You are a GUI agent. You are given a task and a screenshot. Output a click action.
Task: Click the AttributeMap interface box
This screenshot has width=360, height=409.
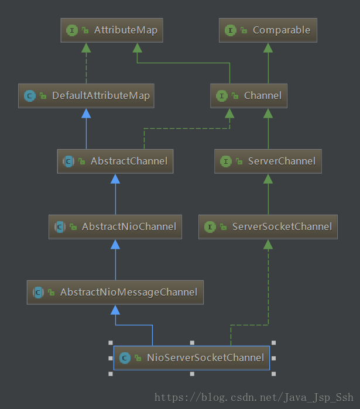(111, 30)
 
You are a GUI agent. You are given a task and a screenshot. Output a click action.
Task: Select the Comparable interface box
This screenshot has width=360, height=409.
(268, 30)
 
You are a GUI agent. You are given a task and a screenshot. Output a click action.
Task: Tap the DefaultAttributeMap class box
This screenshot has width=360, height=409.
(86, 95)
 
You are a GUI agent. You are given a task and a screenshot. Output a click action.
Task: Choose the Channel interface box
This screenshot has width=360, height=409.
(249, 95)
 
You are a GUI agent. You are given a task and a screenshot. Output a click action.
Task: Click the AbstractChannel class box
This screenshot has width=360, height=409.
(115, 161)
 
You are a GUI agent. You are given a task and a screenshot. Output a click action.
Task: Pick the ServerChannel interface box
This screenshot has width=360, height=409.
(268, 161)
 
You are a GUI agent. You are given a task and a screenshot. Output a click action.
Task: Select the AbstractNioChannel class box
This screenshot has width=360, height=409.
(115, 226)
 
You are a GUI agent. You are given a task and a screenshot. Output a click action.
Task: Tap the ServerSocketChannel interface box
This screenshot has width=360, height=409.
(268, 226)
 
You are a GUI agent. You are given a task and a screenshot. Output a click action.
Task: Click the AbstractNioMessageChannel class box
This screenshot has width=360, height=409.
(115, 292)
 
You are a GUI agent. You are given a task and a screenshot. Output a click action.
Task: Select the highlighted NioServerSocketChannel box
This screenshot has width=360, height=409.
(191, 358)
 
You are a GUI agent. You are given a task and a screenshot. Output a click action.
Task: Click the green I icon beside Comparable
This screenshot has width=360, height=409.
(230, 30)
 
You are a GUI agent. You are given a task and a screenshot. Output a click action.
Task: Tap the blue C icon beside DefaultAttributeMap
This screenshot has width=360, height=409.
(29, 96)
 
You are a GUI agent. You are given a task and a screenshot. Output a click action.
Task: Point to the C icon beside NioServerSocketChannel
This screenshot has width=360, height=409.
(124, 358)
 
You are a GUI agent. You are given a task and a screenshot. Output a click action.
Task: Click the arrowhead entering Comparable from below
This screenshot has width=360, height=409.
(268, 47)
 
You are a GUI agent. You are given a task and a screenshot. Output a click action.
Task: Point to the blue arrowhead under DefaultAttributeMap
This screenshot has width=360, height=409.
(87, 112)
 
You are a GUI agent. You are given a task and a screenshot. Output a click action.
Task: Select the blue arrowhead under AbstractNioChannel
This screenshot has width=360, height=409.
(115, 243)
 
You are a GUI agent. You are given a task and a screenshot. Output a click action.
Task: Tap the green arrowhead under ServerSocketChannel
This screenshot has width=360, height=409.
(268, 243)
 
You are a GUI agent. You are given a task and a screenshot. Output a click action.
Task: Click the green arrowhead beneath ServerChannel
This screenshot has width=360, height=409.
(268, 178)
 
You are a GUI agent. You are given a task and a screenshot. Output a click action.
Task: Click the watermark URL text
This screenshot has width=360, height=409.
(254, 397)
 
